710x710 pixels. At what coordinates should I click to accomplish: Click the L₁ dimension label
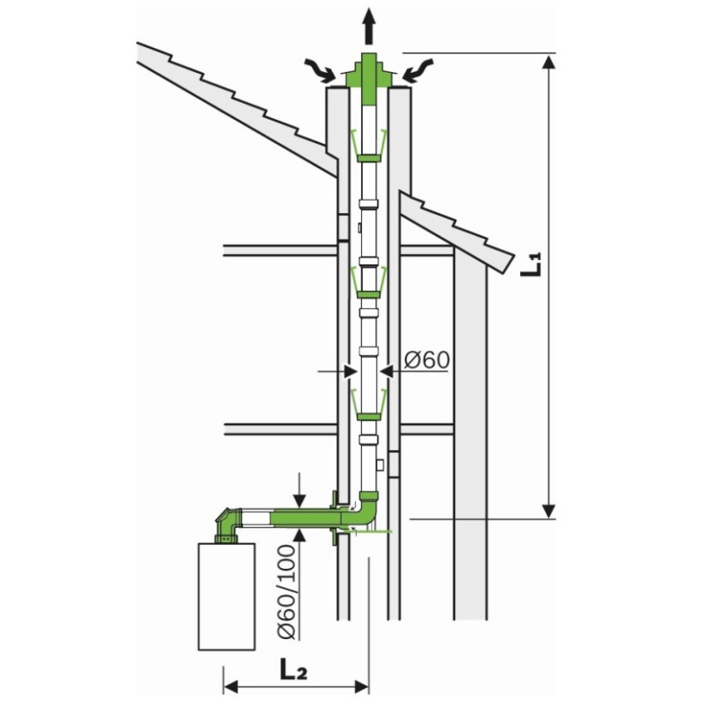pyautogui.click(x=531, y=264)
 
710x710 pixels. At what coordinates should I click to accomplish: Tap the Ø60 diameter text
pyautogui.click(x=427, y=360)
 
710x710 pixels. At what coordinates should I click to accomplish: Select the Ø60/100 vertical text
pyautogui.click(x=287, y=591)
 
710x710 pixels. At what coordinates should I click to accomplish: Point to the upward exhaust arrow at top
pyautogui.click(x=369, y=27)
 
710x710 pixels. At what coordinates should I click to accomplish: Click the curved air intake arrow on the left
pyautogui.click(x=320, y=71)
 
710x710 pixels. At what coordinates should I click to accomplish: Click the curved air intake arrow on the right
pyautogui.click(x=419, y=71)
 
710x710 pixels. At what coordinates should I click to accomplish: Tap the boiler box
pyautogui.click(x=227, y=596)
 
